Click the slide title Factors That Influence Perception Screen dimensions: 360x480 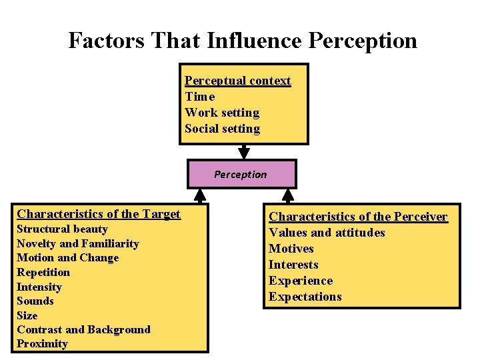coord(243,41)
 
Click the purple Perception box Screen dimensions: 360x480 coord(241,175)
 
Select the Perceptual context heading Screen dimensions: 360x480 coord(237,81)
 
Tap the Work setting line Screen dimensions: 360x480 coord(221,113)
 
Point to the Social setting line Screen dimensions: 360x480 coord(222,129)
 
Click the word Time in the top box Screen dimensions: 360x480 coord(199,97)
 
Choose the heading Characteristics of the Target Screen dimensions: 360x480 coord(99,214)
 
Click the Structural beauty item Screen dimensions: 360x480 coord(61,229)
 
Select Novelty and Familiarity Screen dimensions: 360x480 coord(77,244)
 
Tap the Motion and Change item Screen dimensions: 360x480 coord(67,258)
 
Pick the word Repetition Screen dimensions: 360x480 coord(43,272)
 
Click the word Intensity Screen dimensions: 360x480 coord(39,287)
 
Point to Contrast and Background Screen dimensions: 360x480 coord(83,329)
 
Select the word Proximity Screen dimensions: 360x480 coord(42,344)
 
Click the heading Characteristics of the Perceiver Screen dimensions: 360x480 coord(358,217)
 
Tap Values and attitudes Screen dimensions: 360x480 coord(327,233)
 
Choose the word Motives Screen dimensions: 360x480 coord(291,249)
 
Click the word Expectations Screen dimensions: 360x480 coord(305,297)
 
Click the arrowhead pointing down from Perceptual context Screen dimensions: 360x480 coord(244,153)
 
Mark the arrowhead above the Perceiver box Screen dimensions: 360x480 coord(288,195)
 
